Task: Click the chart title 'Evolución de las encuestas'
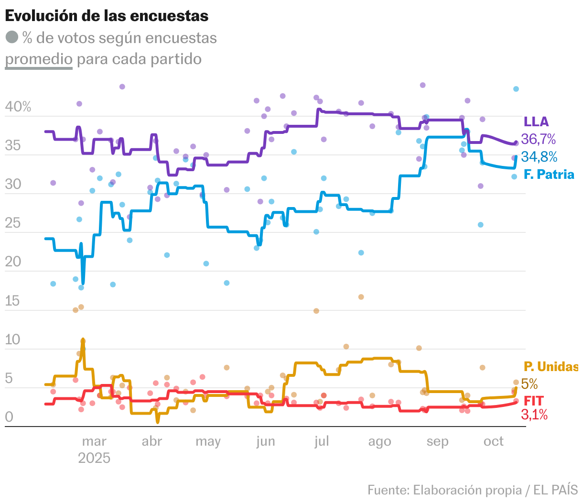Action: pos(107,16)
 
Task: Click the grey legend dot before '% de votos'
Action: pos(12,37)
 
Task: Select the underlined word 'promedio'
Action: pos(39,59)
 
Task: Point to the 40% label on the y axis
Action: pos(18,107)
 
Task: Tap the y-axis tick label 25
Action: pos(13,223)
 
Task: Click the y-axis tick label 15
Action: pos(13,301)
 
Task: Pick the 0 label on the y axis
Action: pos(9,417)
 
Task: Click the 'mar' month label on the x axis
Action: pos(94,441)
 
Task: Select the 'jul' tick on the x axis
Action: pos(322,441)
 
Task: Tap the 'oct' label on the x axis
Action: pos(493,441)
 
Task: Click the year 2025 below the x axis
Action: pos(94,458)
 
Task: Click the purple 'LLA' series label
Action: pos(536,122)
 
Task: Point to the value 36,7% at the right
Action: pos(539,139)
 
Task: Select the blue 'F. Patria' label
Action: pos(549,174)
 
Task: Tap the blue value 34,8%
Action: pos(539,156)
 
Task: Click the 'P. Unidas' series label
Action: pos(551,367)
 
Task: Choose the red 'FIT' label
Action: pos(534,401)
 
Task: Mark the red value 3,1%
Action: pos(534,415)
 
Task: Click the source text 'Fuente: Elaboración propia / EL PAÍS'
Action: pos(472,490)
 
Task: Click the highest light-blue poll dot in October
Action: pos(516,89)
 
